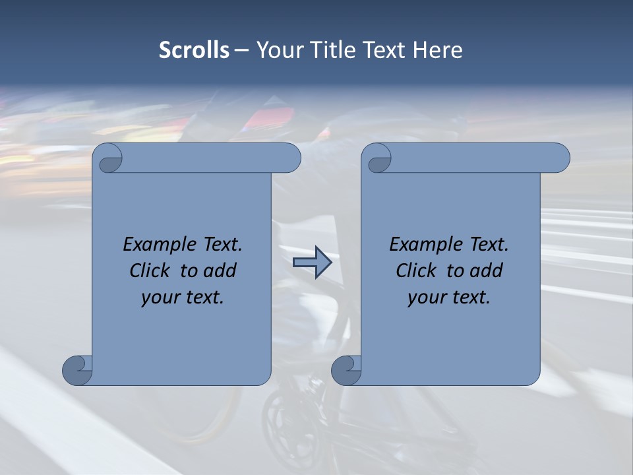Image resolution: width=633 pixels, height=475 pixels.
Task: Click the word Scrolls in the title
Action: (194, 50)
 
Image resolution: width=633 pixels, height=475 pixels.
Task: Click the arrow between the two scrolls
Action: (312, 263)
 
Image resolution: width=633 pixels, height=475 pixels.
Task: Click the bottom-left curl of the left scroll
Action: (76, 370)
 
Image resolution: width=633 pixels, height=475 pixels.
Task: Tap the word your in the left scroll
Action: (158, 298)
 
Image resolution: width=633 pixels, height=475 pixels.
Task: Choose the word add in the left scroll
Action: (220, 270)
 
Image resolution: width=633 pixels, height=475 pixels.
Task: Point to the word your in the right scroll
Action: (425, 298)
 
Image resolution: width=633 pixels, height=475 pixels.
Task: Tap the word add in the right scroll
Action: (486, 270)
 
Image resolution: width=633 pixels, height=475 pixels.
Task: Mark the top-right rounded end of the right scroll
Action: (557, 158)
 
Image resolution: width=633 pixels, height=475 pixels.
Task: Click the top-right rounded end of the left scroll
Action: (288, 158)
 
